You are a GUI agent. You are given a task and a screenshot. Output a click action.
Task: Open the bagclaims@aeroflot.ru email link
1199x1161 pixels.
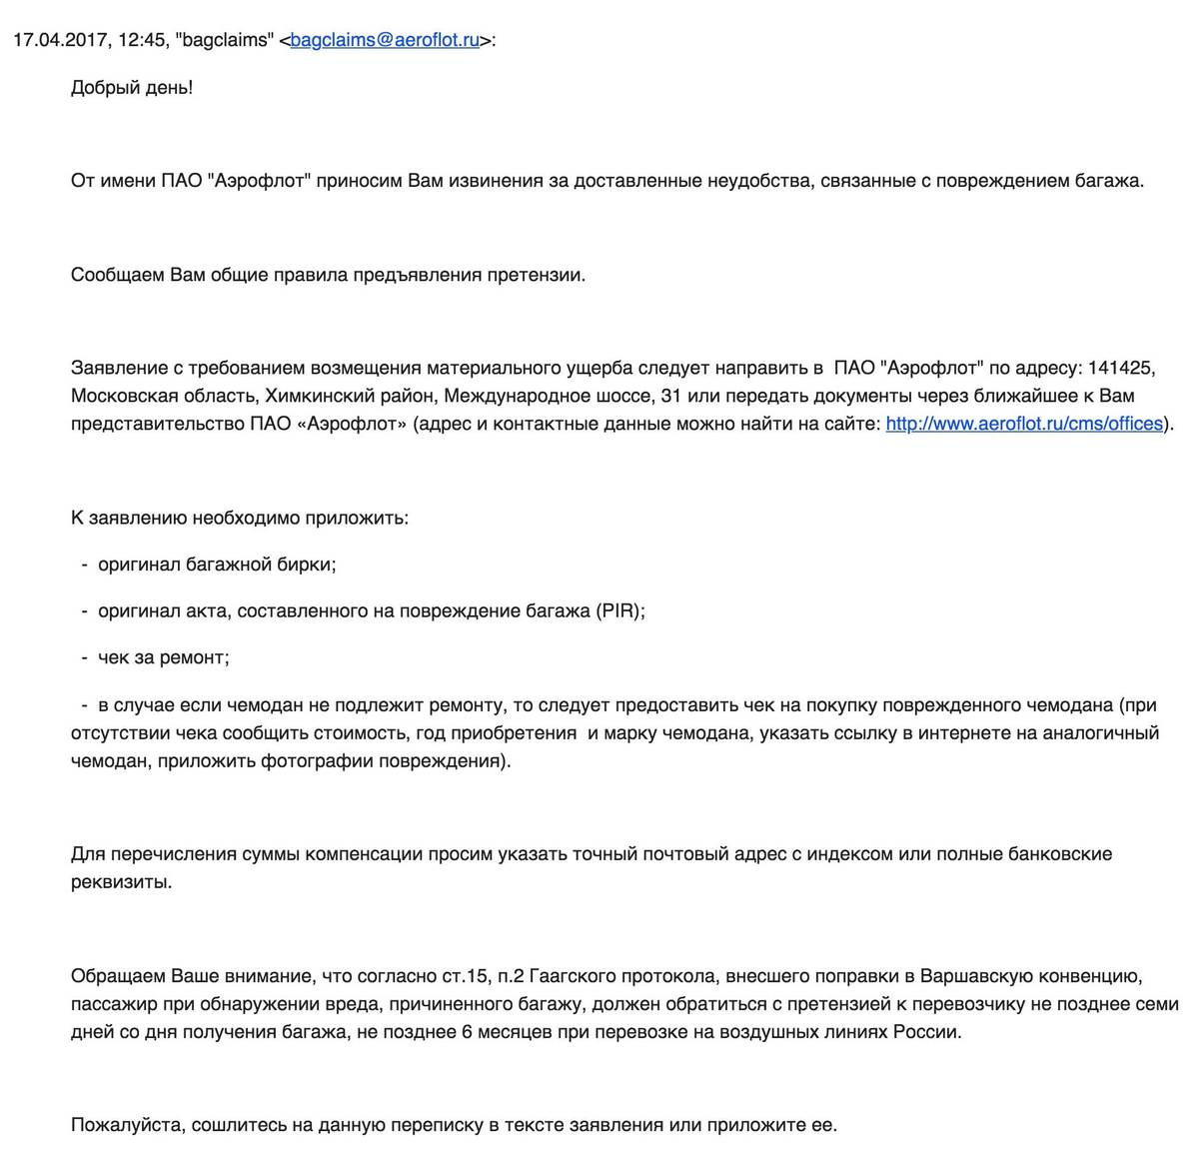pyautogui.click(x=385, y=41)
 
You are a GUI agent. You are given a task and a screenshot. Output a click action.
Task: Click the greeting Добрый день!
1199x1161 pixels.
pyautogui.click(x=132, y=88)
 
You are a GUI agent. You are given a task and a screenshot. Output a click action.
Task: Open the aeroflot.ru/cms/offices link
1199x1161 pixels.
pyautogui.click(x=1024, y=424)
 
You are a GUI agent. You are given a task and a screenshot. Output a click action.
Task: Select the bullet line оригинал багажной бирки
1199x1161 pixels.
pyautogui.click(x=217, y=565)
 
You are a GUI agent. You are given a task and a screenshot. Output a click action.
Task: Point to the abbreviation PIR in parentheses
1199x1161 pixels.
pyautogui.click(x=618, y=611)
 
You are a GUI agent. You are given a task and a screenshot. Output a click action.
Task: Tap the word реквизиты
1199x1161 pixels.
pyautogui.click(x=121, y=882)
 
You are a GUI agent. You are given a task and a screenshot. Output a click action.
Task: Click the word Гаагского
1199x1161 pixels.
pyautogui.click(x=574, y=976)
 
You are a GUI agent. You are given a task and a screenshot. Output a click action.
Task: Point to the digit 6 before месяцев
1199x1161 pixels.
pyautogui.click(x=467, y=1032)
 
